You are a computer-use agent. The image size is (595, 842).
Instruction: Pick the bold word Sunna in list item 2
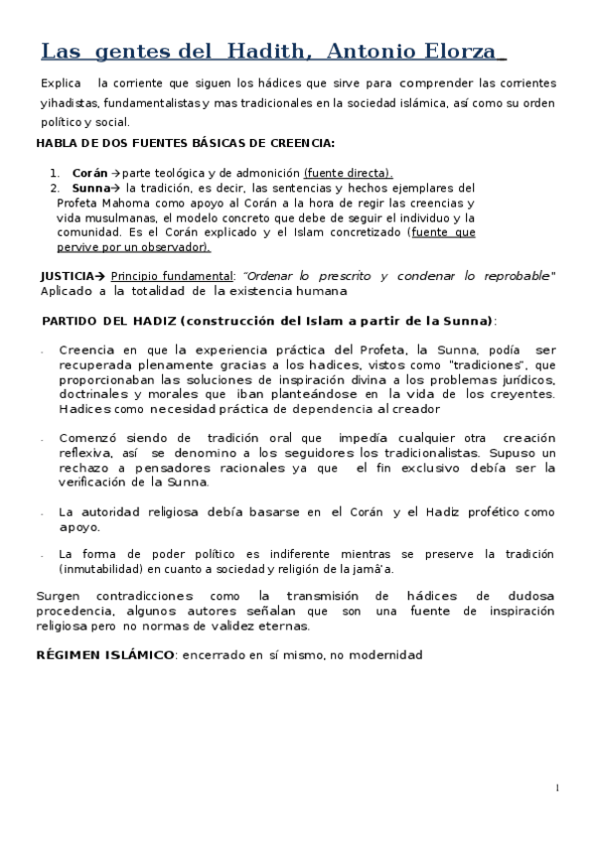click(x=90, y=187)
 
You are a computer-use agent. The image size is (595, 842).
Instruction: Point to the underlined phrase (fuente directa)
click(x=348, y=172)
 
